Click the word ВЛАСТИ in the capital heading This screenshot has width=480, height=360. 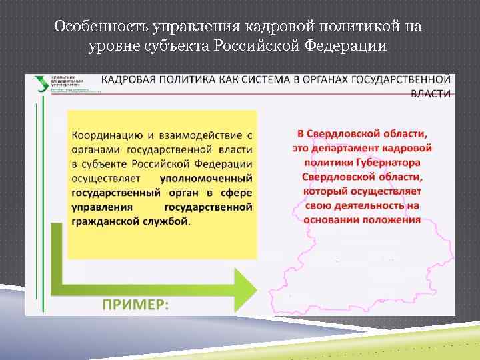[431, 93]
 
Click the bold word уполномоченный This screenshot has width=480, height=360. [206, 178]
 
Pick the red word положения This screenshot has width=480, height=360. [393, 219]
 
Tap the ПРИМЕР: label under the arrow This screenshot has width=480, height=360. [135, 303]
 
